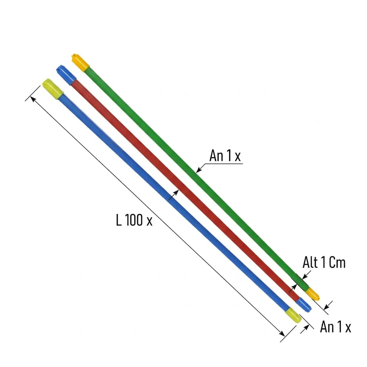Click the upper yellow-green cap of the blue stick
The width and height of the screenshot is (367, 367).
(52, 89)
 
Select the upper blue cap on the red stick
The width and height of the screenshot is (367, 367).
(66, 75)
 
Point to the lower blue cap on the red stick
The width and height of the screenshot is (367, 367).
(304, 304)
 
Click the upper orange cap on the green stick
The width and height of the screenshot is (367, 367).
(80, 63)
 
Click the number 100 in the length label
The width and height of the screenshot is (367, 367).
(134, 220)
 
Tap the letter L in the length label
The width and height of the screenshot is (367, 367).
(119, 220)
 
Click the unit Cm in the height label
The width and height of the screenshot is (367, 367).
(337, 262)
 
